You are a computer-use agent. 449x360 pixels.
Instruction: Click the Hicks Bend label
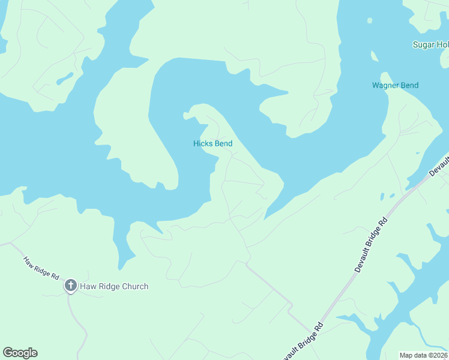click(212, 143)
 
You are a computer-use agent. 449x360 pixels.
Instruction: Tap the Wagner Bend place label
click(395, 85)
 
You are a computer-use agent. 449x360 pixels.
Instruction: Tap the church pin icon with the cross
click(70, 286)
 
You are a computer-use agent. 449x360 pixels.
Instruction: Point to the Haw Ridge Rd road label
click(41, 268)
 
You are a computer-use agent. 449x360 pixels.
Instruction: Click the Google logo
click(20, 353)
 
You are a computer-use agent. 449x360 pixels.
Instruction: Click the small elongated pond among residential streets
click(64, 79)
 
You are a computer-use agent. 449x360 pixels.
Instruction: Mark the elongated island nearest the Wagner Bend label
click(375, 56)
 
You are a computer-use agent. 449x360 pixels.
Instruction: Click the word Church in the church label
click(134, 286)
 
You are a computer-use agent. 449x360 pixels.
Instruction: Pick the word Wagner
click(385, 85)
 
